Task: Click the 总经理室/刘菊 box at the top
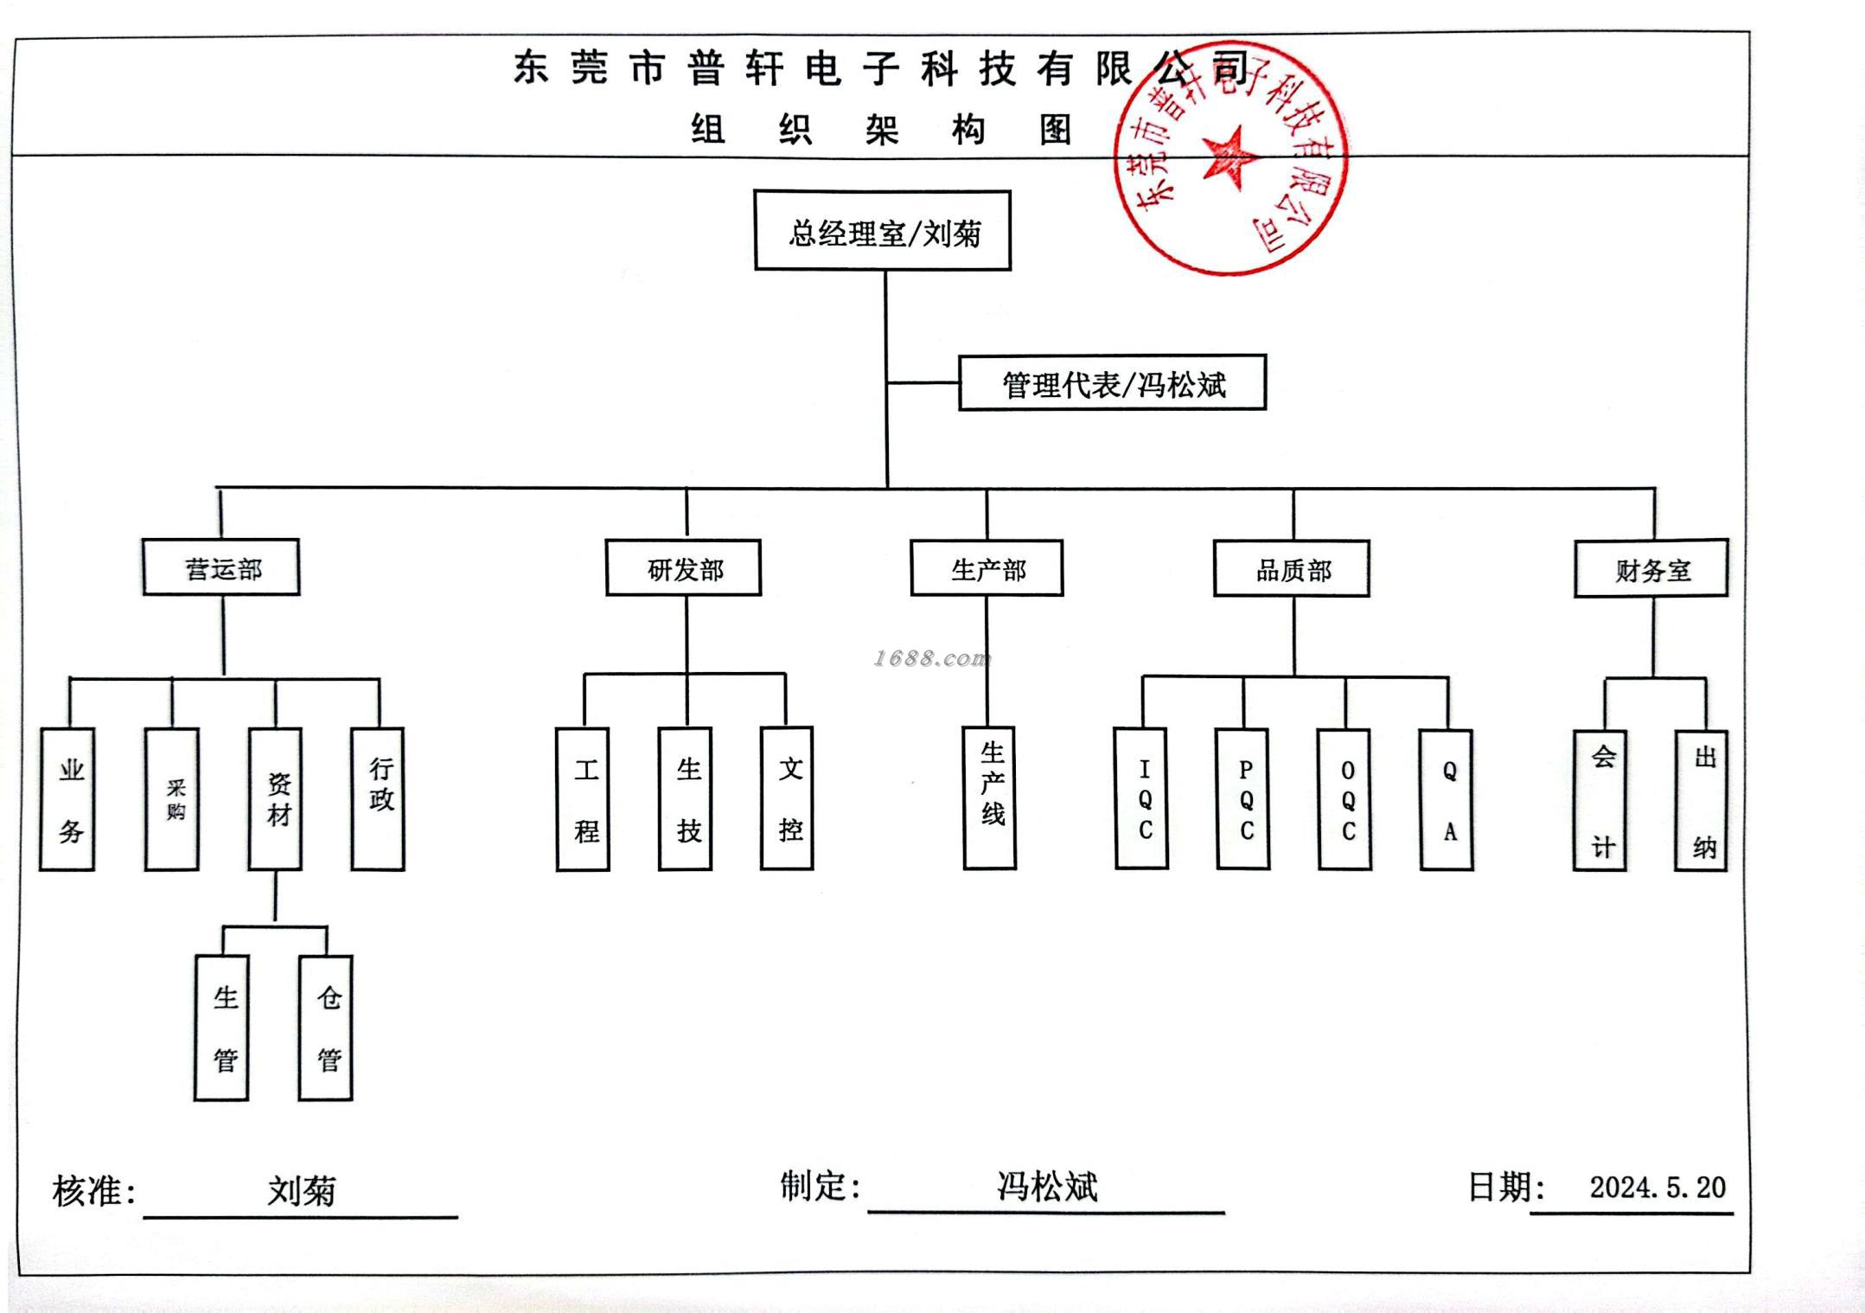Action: point(883,231)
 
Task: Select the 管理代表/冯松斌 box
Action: point(1112,383)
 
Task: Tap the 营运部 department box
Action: point(221,568)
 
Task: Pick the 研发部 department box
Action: point(683,569)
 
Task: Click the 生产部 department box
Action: point(987,569)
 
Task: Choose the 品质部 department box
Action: point(1292,569)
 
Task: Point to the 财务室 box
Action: point(1651,569)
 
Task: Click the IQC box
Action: point(1142,798)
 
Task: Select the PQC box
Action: point(1243,799)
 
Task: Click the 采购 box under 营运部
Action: point(173,799)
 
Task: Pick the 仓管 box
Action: point(326,1028)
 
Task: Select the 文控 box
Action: point(788,798)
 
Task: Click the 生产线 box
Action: point(990,797)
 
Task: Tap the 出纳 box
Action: point(1702,800)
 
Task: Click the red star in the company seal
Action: point(1229,157)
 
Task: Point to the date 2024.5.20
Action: point(1657,1188)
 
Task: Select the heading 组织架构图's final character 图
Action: point(1055,131)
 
